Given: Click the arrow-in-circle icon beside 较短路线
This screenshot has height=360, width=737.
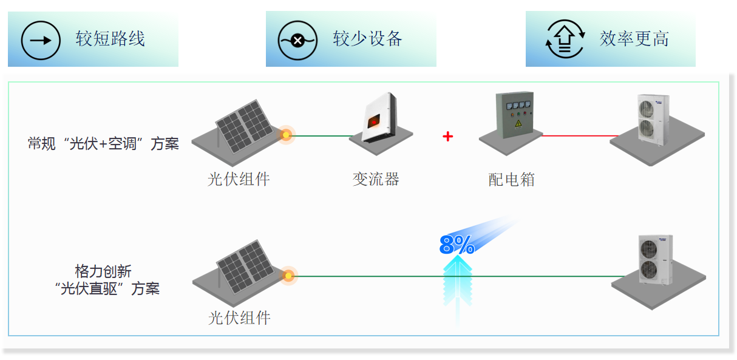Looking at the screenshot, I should pyautogui.click(x=41, y=40).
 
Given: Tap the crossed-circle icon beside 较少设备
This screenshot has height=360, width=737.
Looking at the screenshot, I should pyautogui.click(x=297, y=40).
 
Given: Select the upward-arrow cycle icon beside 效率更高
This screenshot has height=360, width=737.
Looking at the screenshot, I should pyautogui.click(x=565, y=40).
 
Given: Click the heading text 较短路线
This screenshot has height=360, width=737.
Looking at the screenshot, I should pyautogui.click(x=110, y=39).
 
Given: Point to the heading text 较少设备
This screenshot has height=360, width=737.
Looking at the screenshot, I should pyautogui.click(x=368, y=39).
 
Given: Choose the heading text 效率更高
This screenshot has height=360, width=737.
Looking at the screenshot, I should pyautogui.click(x=634, y=39).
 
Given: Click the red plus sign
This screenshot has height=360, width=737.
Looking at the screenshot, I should pyautogui.click(x=448, y=137).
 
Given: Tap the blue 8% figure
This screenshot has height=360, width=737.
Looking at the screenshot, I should pyautogui.click(x=457, y=245).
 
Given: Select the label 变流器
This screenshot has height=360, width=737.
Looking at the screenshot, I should pyautogui.click(x=376, y=179).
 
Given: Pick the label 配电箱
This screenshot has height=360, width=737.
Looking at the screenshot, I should pyautogui.click(x=512, y=180).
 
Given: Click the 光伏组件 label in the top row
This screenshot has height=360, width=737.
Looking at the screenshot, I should pyautogui.click(x=239, y=179).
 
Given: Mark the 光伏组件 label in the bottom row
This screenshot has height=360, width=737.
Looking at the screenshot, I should pyautogui.click(x=239, y=318).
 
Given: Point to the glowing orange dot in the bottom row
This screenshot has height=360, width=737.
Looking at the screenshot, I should pyautogui.click(x=288, y=276).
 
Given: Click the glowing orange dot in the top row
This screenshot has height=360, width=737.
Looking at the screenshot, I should pyautogui.click(x=286, y=135).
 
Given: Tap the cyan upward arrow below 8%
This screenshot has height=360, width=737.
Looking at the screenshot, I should pyautogui.click(x=458, y=285).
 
